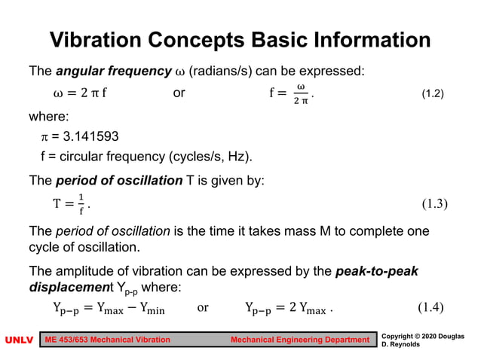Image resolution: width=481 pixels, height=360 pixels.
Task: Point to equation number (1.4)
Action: [436, 307]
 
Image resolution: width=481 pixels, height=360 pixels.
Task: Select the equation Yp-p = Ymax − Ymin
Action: [109, 308]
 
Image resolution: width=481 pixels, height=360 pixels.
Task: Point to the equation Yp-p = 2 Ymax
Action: [289, 308]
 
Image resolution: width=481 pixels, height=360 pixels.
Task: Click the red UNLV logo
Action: [19, 340]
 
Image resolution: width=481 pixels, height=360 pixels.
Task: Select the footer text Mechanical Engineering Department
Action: [299, 340]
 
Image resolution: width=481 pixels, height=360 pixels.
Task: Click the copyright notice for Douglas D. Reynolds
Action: [422, 340]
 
